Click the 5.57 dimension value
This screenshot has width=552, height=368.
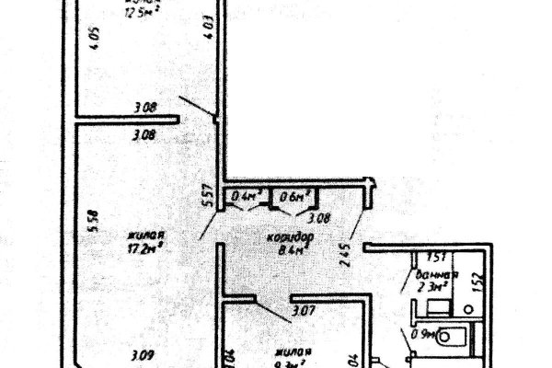coord(209,194)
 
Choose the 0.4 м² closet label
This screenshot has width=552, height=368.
coord(246,195)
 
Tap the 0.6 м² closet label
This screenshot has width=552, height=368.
coord(293,195)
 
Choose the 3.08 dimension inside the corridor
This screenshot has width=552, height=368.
coord(317,218)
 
